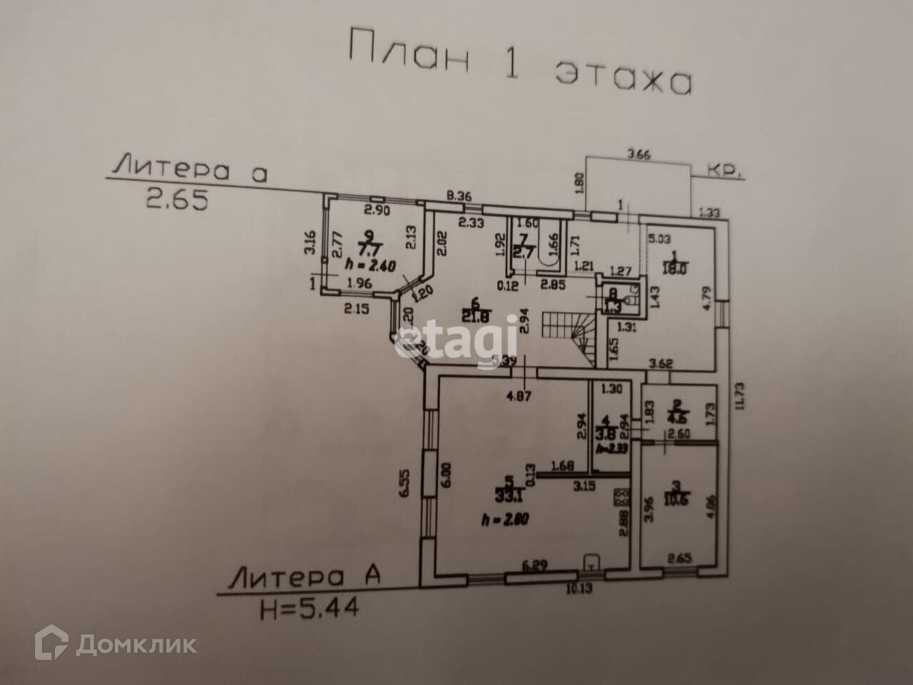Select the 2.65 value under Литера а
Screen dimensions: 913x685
pos(177,200)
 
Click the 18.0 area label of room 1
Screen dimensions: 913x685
pos(674,270)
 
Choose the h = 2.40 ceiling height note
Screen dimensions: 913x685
pos(370,264)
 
